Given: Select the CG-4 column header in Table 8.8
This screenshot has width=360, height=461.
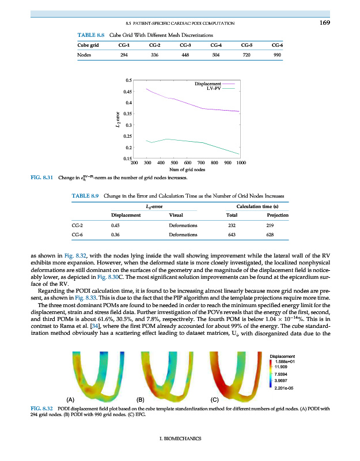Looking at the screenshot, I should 217,44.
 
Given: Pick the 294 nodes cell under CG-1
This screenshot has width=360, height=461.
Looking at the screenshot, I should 123,55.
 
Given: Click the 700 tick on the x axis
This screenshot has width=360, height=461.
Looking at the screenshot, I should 201,163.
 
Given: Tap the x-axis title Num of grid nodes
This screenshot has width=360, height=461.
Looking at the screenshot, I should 188,170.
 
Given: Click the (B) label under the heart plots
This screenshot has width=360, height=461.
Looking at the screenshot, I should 139,399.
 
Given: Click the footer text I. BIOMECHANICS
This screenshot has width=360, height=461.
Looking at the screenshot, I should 180,439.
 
